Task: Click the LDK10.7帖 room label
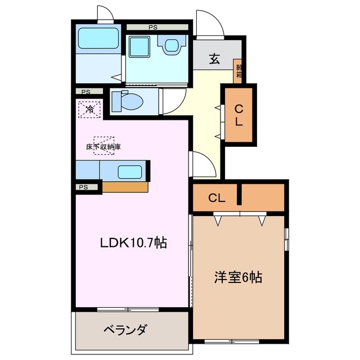133,243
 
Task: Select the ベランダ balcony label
124,330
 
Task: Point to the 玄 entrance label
214,59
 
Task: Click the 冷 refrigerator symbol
89,109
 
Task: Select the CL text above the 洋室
217,197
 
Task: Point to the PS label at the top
153,26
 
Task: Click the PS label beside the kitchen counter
84,187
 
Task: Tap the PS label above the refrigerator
85,92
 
